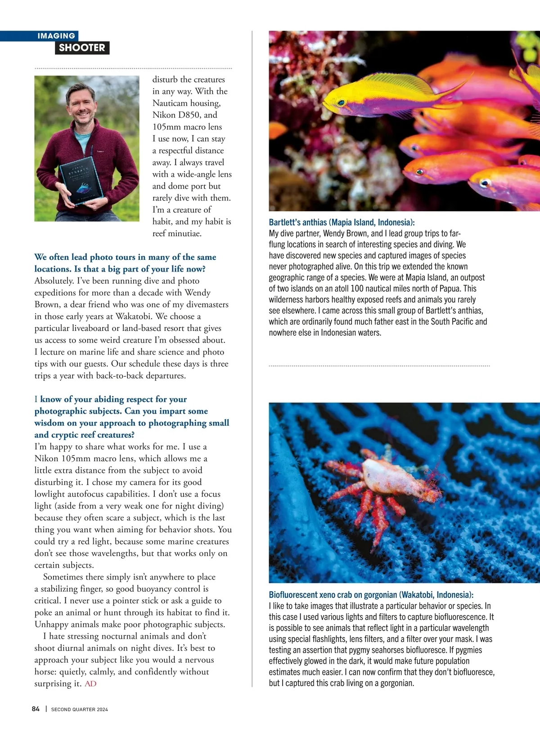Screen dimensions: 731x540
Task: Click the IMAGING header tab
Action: coord(56,36)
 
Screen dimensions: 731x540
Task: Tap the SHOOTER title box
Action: coord(82,48)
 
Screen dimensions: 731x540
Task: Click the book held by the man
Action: coord(82,180)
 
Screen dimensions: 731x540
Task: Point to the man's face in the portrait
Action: coord(81,104)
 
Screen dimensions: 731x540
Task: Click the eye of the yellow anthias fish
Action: coord(341,103)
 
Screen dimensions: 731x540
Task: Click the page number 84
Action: coord(36,709)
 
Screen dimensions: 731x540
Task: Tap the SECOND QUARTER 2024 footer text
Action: coord(80,709)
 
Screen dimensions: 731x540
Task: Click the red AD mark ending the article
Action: coord(90,684)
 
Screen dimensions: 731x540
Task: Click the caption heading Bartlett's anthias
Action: coord(342,222)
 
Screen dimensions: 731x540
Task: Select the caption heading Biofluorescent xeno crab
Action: coord(371,595)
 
